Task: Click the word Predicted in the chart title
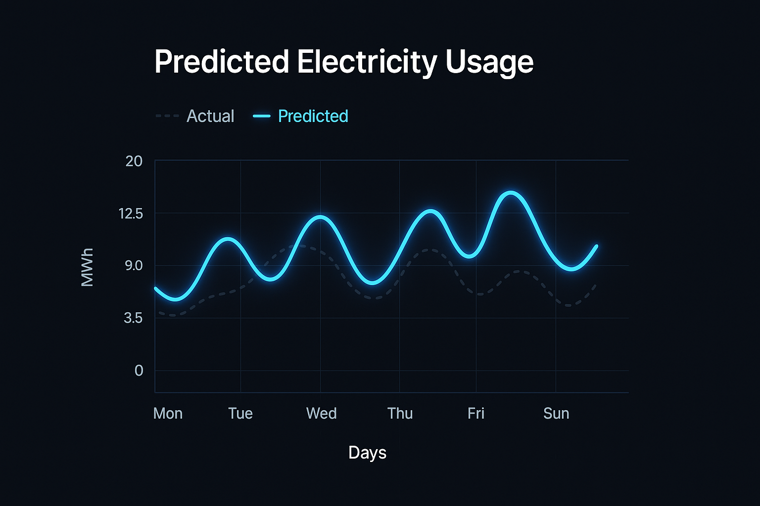click(x=221, y=62)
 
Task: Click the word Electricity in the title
click(x=367, y=62)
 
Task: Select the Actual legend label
click(x=210, y=116)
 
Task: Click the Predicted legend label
click(x=313, y=116)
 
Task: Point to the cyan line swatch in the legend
click(x=262, y=116)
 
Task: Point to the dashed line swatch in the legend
click(x=167, y=116)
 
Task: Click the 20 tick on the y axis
click(x=134, y=161)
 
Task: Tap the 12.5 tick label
click(x=131, y=213)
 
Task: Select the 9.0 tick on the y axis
click(x=133, y=266)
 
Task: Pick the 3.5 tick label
click(x=133, y=318)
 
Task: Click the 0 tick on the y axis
click(x=139, y=371)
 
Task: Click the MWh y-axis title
click(x=87, y=267)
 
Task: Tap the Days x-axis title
click(x=367, y=453)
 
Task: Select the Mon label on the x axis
click(x=168, y=413)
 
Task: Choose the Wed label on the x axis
click(x=321, y=413)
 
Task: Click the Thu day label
click(x=400, y=413)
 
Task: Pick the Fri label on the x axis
click(x=475, y=413)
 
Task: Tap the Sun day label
click(x=556, y=413)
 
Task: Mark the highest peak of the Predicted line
click(x=511, y=192)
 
